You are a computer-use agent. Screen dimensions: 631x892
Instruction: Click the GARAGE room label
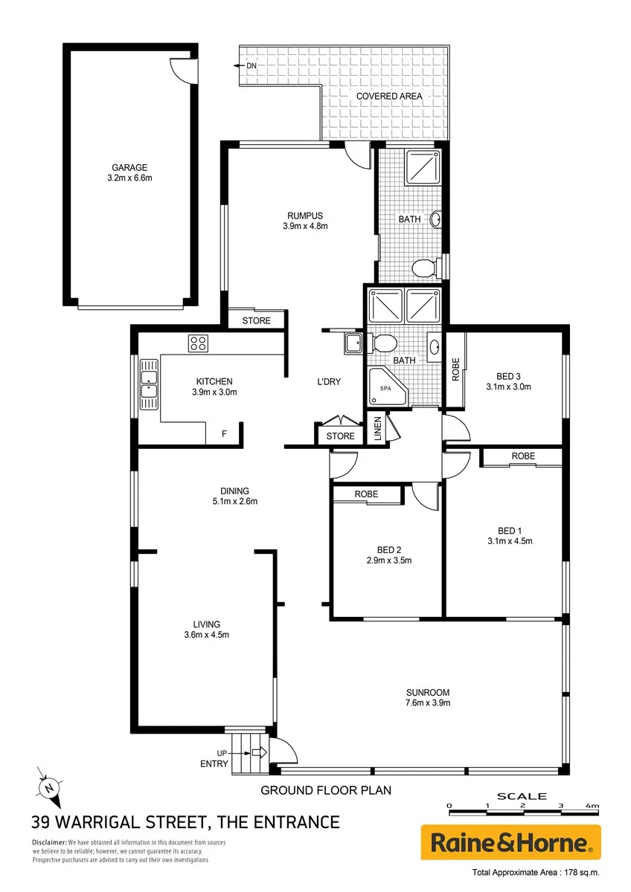[x=129, y=168]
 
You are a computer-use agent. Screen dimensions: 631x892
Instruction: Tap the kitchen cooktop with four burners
[x=198, y=343]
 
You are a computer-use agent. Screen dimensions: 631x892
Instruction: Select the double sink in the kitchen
[x=149, y=384]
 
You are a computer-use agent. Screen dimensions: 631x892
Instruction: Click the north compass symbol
[x=49, y=788]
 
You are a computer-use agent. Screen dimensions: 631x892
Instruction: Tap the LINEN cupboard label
[x=377, y=428]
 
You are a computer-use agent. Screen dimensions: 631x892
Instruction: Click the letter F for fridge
[x=224, y=433]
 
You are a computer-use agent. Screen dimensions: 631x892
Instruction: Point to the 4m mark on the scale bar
[x=592, y=806]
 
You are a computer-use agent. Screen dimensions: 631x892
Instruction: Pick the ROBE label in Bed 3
[x=455, y=369]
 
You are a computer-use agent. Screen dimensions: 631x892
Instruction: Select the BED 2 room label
[x=389, y=550]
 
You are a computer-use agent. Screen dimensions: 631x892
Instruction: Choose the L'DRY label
[x=329, y=381]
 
